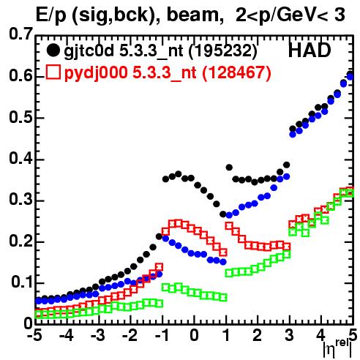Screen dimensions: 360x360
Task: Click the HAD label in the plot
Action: [310, 50]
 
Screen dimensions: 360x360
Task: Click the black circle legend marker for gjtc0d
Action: [53, 50]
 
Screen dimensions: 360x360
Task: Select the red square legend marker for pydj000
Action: [53, 72]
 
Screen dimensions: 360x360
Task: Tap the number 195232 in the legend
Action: [223, 51]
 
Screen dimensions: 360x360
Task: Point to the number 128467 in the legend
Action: [236, 72]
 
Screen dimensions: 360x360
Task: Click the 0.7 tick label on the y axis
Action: [20, 34]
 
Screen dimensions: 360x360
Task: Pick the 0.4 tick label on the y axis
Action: [20, 158]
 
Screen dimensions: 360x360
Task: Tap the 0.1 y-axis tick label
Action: [22, 282]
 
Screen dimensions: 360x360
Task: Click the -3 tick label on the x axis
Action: [98, 335]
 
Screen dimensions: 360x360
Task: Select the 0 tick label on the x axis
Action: [194, 335]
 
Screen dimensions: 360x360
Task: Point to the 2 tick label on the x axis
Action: [258, 335]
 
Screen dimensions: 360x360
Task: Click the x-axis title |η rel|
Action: [338, 348]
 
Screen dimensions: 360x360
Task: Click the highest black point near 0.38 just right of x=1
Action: [229, 168]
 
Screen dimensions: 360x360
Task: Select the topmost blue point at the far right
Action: [350, 77]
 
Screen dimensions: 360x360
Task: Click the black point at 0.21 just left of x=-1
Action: [160, 236]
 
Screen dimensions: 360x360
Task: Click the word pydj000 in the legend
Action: [96, 73]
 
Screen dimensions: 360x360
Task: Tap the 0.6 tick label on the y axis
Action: [20, 75]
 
